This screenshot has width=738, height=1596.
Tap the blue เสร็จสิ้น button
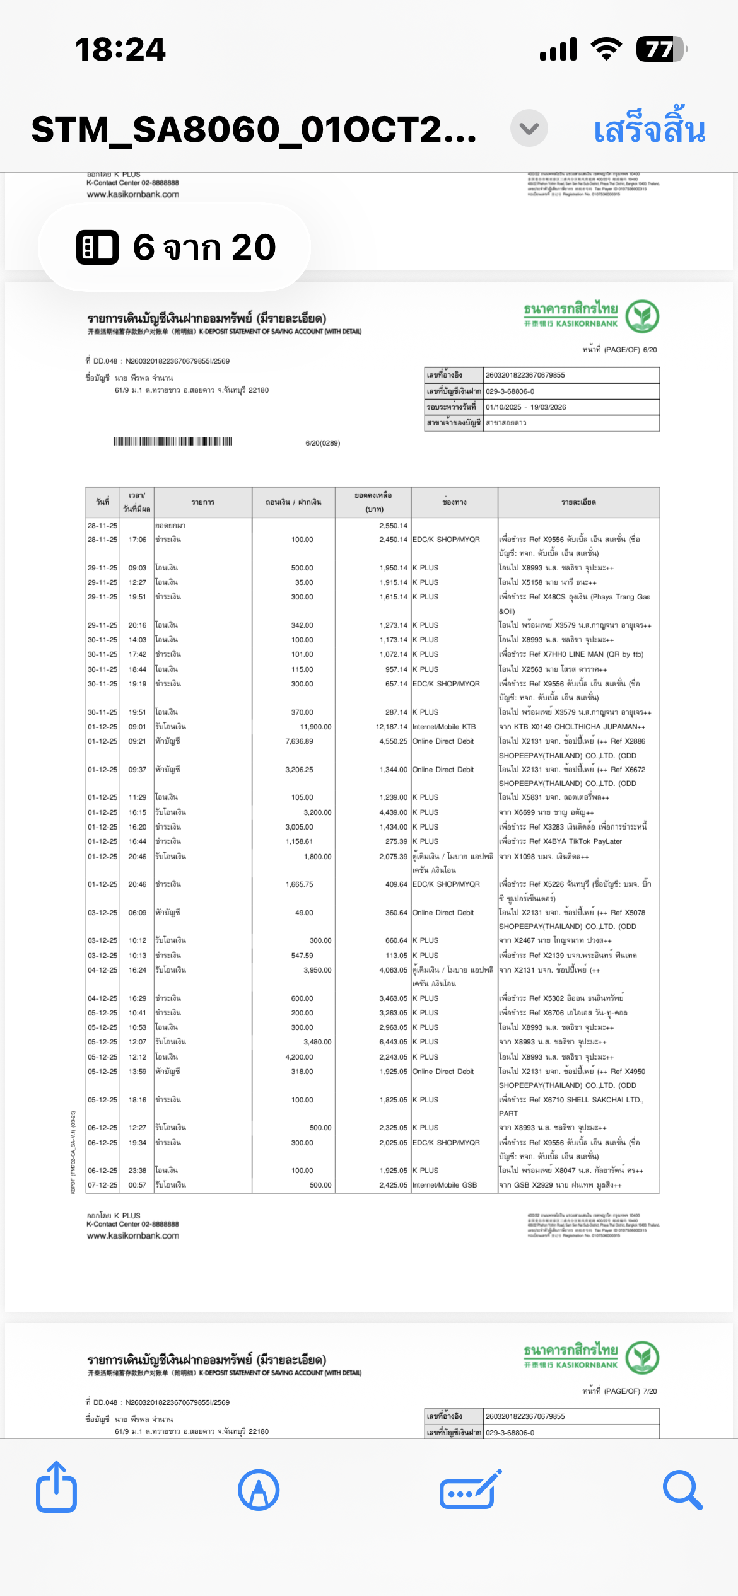pos(649,130)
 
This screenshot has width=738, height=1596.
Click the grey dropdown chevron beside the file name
pos(529,129)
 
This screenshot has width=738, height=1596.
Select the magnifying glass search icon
pos(682,1490)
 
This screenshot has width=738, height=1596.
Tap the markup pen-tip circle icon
pos(259,1490)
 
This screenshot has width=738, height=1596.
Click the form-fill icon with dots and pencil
pos(471,1490)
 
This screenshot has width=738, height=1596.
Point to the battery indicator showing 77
pos(660,49)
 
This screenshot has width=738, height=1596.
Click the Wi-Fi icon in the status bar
pos(606,49)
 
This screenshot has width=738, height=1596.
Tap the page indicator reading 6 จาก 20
pos(175,247)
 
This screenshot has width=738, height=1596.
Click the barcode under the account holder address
pos(173,441)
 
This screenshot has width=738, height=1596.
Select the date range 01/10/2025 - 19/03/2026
pos(526,407)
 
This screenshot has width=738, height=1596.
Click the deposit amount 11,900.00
pos(315,727)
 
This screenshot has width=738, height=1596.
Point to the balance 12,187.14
pos(392,727)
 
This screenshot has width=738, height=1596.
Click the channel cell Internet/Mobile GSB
pos(445,1185)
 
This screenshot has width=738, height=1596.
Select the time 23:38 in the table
pos(138,1171)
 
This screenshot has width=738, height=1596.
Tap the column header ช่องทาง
pos(454,502)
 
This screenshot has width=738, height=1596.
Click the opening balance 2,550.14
pos(393,526)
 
